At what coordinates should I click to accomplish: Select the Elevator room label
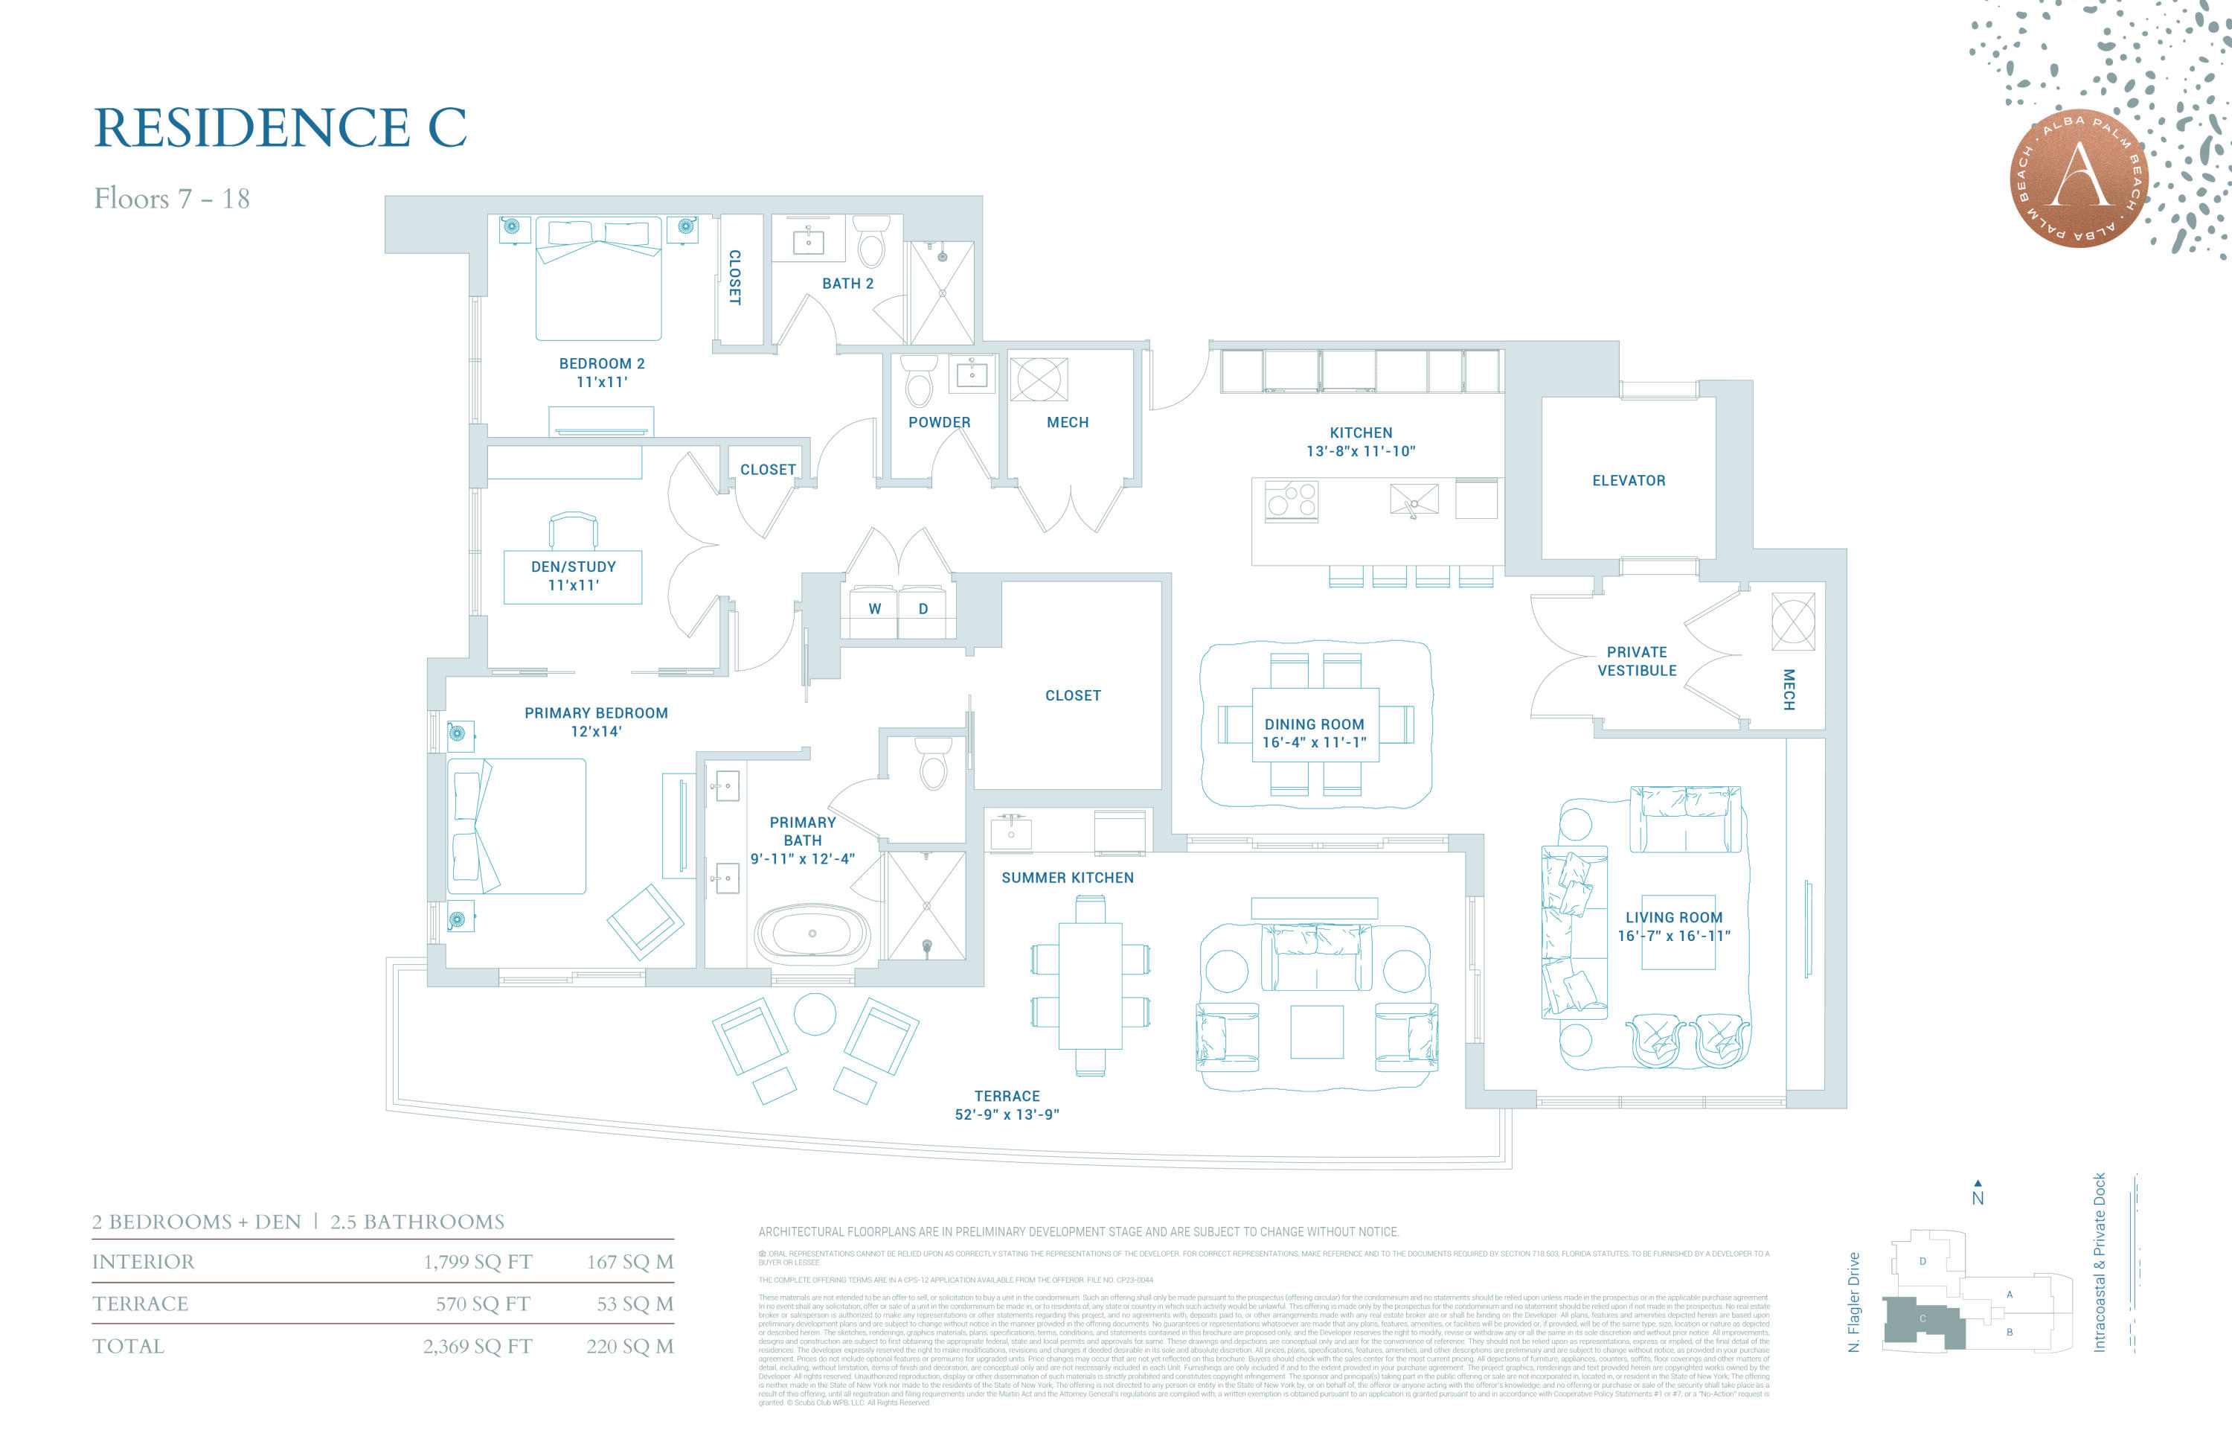click(1628, 480)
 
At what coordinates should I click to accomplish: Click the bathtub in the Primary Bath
click(813, 934)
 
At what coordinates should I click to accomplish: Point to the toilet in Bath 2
click(871, 244)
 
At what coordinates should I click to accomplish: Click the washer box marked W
click(874, 609)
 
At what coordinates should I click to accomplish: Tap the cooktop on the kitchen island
click(1292, 500)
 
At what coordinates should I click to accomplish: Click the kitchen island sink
click(1414, 500)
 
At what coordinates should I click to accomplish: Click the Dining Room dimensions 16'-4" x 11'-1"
click(1314, 742)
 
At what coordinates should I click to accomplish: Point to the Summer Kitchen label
click(1067, 877)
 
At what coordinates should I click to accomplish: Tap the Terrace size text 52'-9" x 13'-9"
click(1007, 1114)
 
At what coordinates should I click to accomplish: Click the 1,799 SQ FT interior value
click(478, 1262)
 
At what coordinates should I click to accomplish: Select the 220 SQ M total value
click(629, 1347)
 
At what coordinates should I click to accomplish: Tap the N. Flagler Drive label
click(1853, 1301)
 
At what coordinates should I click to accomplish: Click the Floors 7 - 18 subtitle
click(172, 199)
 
